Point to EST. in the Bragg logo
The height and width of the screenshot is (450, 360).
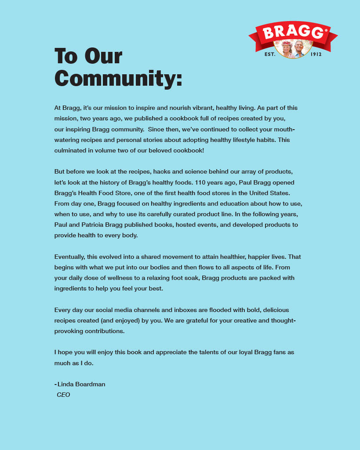click(x=269, y=54)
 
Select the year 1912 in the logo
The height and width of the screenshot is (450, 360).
click(x=316, y=54)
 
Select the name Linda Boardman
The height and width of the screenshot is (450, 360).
click(x=81, y=384)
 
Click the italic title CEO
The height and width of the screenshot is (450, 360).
click(x=63, y=395)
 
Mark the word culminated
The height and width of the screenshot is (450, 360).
click(x=71, y=150)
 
